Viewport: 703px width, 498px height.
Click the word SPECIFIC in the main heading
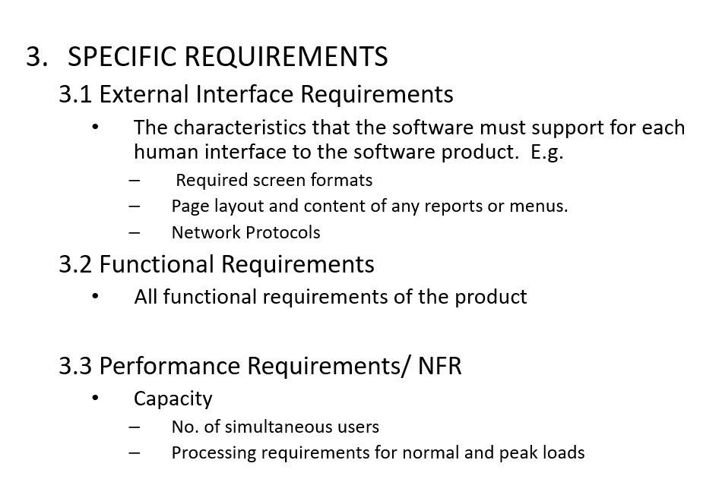[x=122, y=57]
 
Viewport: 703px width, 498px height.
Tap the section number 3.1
[x=75, y=94]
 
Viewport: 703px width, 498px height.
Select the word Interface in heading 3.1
[x=245, y=94]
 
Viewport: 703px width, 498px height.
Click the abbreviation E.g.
[x=546, y=153]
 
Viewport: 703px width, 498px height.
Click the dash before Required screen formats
[x=134, y=181]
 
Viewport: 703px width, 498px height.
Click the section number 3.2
[x=75, y=263]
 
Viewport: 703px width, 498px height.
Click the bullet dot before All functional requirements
[x=95, y=296]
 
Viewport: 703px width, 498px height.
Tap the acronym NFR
[x=439, y=365]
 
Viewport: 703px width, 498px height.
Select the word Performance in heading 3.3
[x=170, y=365]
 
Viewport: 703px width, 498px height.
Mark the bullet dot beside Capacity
[x=95, y=398]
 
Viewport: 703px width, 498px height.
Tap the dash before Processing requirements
[x=134, y=453]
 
